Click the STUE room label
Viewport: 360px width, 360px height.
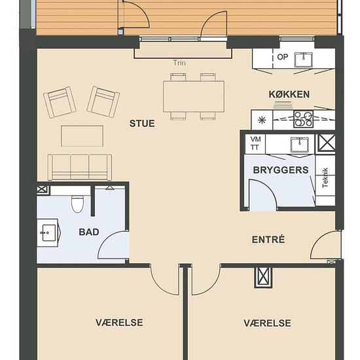coord(142,124)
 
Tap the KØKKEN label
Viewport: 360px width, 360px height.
coord(289,94)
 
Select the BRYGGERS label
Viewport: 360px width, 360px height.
coord(281,170)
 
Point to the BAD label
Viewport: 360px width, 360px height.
coord(89,232)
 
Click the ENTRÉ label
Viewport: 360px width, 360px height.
coord(268,240)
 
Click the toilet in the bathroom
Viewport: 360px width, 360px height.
coord(77,203)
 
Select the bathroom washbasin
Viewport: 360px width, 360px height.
coord(48,232)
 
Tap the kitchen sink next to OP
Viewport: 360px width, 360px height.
coord(304,60)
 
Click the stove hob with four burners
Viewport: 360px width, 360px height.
coord(303,119)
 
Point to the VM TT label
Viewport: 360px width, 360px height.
coord(255,143)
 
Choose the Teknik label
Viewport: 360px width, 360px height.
coord(325,178)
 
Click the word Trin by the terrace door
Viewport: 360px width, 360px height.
coord(179,63)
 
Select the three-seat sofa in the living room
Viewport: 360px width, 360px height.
coord(80,167)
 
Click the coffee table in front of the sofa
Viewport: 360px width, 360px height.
coord(82,136)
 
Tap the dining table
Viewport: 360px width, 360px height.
coord(194,96)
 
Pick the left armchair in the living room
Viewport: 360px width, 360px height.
coord(60,102)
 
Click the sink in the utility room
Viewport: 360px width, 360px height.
coord(299,145)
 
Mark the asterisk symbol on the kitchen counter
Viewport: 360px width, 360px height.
coord(262,120)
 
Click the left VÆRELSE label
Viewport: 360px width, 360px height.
coord(119,323)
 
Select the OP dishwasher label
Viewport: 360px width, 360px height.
coord(282,57)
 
